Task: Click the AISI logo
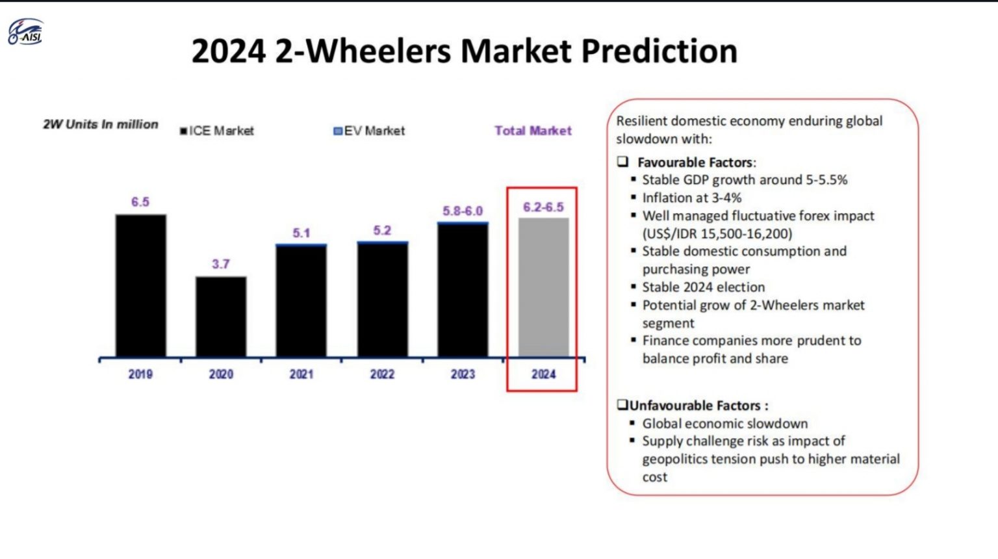click(25, 32)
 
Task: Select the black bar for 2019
click(140, 285)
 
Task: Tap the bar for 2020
click(221, 317)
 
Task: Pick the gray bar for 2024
click(543, 287)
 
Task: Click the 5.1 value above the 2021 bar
click(301, 233)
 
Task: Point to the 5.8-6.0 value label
click(463, 211)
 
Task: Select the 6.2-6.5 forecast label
click(543, 207)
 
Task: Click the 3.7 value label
click(221, 264)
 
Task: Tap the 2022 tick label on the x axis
click(382, 374)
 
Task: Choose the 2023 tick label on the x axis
click(463, 374)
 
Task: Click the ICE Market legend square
click(184, 131)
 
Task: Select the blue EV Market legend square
click(337, 131)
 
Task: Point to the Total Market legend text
click(533, 131)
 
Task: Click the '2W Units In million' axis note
click(101, 124)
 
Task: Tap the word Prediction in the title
click(659, 51)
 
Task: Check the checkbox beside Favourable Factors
click(623, 162)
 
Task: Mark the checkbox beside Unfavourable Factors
click(622, 405)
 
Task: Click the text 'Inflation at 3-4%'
click(691, 198)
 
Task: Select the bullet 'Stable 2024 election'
click(703, 287)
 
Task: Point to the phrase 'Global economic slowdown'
click(724, 423)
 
